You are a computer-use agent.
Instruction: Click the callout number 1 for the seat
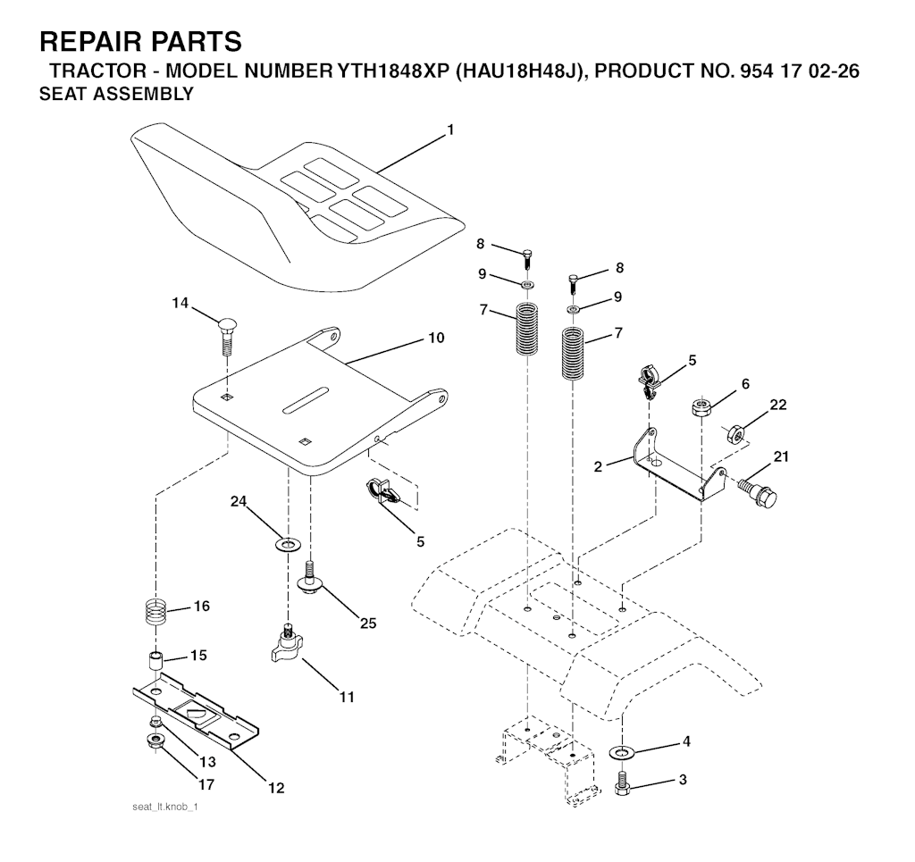450,130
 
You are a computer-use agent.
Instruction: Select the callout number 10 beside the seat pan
436,339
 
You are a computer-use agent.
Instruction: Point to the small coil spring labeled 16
156,615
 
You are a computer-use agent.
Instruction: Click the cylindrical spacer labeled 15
156,663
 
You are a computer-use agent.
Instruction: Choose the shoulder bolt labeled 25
311,579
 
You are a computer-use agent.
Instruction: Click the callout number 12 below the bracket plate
276,788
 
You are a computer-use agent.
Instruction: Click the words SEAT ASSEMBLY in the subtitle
116,95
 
